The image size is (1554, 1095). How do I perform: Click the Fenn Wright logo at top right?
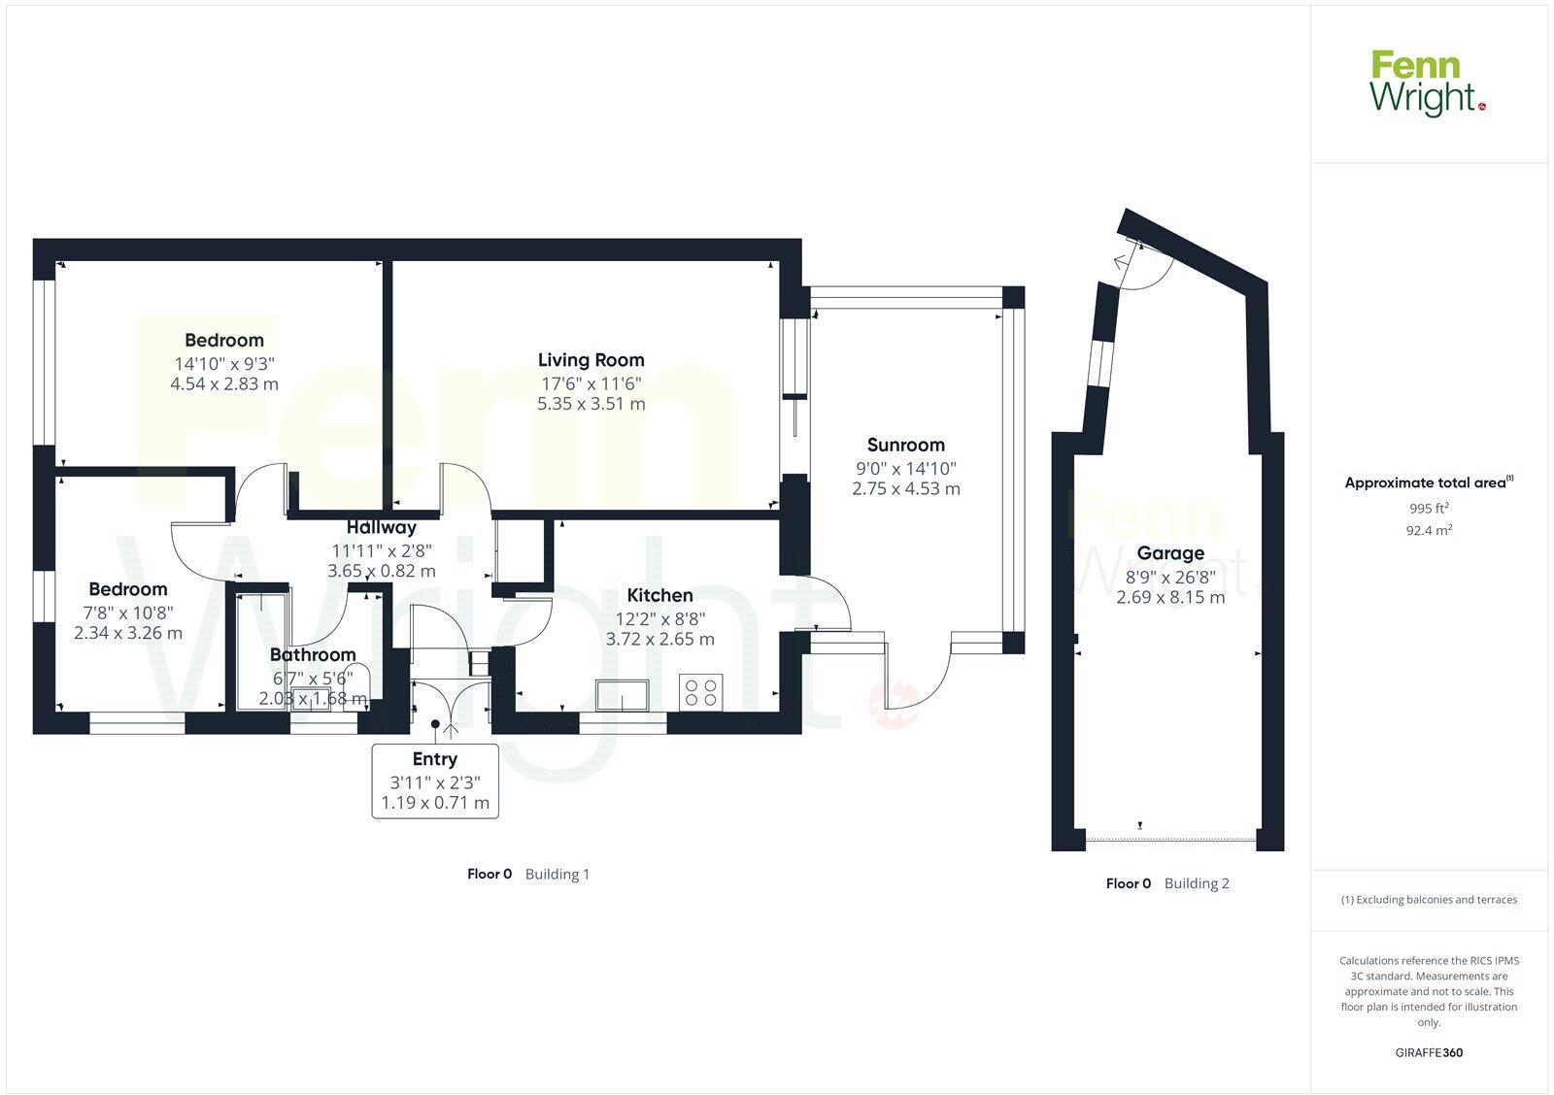pyautogui.click(x=1427, y=84)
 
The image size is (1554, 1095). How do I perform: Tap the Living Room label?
pyautogui.click(x=591, y=360)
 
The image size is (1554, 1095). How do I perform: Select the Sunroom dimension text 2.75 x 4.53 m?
pyautogui.click(x=905, y=488)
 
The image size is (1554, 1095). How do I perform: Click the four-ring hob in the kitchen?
pyautogui.click(x=701, y=692)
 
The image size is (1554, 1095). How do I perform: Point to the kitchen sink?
pyautogui.click(x=623, y=696)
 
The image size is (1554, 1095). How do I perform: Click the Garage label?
pyautogui.click(x=1170, y=553)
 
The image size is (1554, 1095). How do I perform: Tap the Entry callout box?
pyautogui.click(x=435, y=780)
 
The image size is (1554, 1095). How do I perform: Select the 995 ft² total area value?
pyautogui.click(x=1429, y=508)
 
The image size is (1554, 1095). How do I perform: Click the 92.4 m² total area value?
pyautogui.click(x=1429, y=530)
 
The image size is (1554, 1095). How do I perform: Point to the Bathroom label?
pyautogui.click(x=313, y=654)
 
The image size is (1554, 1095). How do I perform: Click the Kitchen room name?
pyautogui.click(x=659, y=595)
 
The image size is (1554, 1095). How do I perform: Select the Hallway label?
pyautogui.click(x=381, y=527)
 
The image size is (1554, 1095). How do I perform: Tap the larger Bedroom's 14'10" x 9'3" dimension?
pyautogui.click(x=224, y=363)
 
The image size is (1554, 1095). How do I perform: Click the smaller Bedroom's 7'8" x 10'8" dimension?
pyautogui.click(x=128, y=612)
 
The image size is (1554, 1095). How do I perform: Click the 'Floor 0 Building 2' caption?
pyautogui.click(x=1167, y=883)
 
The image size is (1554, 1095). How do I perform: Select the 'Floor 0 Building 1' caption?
pyautogui.click(x=527, y=874)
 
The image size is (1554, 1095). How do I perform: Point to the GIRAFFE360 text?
pyautogui.click(x=1429, y=1052)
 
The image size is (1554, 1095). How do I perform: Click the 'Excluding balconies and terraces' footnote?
pyautogui.click(x=1429, y=900)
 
